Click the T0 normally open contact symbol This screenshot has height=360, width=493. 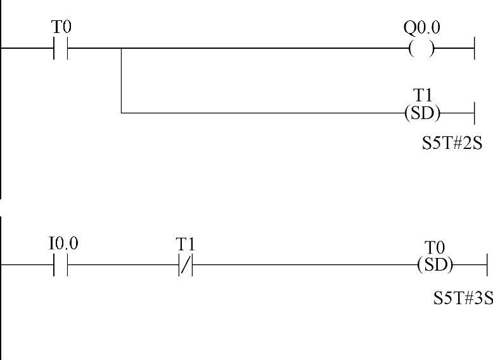coord(61,48)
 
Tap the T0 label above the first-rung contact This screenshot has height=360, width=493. coord(61,27)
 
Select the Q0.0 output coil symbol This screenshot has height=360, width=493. coord(422,48)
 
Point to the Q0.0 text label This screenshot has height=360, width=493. coord(422,28)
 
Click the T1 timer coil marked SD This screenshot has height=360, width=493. coord(422,113)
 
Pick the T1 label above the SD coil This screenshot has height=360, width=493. coord(423,95)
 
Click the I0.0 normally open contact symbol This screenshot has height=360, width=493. coord(61,266)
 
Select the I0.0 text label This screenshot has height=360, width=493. coord(63,244)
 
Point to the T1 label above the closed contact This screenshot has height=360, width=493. coord(186,244)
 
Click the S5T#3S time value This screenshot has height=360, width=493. coord(463,297)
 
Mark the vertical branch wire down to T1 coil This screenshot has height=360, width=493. coord(121,81)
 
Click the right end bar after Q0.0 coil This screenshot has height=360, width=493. coord(474,48)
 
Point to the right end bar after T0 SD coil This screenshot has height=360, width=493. coord(487,266)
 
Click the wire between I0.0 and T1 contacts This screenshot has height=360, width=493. coord(124,266)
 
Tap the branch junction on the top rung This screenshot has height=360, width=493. coord(121,48)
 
